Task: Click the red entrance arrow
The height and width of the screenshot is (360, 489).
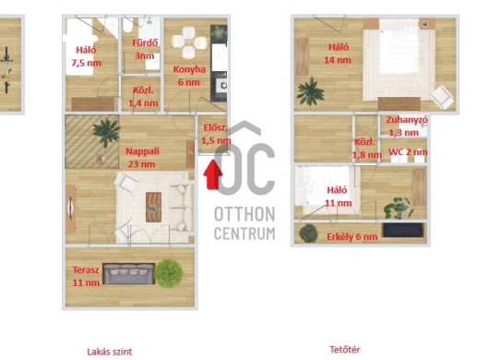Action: pos(213,174)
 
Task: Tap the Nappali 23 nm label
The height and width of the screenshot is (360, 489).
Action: pos(142,158)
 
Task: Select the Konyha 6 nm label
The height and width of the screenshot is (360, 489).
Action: pos(189,76)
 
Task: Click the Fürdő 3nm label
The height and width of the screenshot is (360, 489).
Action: pos(145,49)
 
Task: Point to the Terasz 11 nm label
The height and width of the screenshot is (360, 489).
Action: pos(86,276)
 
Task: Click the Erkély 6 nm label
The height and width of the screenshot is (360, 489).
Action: pos(352,237)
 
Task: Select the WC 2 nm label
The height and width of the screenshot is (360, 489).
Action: pos(408,152)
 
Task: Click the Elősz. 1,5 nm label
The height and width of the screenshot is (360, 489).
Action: pos(216,134)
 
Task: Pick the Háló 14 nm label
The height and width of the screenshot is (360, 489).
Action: pos(338,54)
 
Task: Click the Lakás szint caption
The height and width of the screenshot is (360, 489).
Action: pos(110,352)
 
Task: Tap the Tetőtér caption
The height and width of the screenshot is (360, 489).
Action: pos(345,350)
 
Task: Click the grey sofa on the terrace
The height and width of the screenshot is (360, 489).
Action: pos(129,274)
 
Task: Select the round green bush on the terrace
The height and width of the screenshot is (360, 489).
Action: pos(169,273)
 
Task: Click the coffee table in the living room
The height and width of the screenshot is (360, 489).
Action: pos(153,207)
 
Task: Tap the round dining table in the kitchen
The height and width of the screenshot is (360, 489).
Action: pos(189,42)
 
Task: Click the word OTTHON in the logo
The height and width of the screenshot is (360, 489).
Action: pos(244,214)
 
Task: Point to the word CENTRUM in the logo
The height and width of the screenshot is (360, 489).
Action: pos(244,234)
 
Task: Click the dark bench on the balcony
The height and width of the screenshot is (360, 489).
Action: pos(402,230)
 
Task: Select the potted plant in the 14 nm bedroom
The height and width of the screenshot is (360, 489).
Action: pos(310,91)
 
